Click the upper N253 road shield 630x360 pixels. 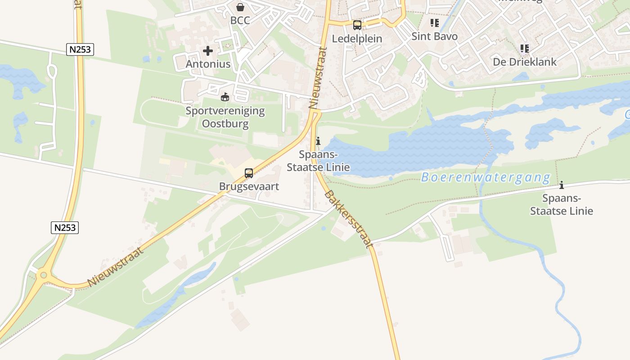pyautogui.click(x=80, y=49)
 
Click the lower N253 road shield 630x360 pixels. pyautogui.click(x=65, y=228)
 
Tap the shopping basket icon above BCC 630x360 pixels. pyautogui.click(x=240, y=7)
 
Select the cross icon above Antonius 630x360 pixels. pyautogui.click(x=208, y=51)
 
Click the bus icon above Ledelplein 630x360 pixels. pyautogui.click(x=357, y=25)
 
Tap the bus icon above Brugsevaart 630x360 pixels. pyautogui.click(x=248, y=173)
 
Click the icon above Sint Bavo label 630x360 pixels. pyautogui.click(x=434, y=23)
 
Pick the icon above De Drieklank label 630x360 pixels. pyautogui.click(x=524, y=48)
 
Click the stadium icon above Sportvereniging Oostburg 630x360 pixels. pyautogui.click(x=225, y=97)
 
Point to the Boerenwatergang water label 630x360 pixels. pyautogui.click(x=486, y=178)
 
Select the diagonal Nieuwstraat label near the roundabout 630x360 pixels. pyautogui.click(x=116, y=266)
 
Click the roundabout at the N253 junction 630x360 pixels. pyautogui.click(x=44, y=274)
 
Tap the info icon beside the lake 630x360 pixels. pyautogui.click(x=318, y=141)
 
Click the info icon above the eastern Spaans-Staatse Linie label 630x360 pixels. pyautogui.click(x=561, y=185)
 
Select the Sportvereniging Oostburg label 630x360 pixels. pyautogui.click(x=225, y=117)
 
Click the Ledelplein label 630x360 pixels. pyautogui.click(x=357, y=39)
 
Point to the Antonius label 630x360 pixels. pyautogui.click(x=208, y=64)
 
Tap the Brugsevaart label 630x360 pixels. pyautogui.click(x=249, y=186)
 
